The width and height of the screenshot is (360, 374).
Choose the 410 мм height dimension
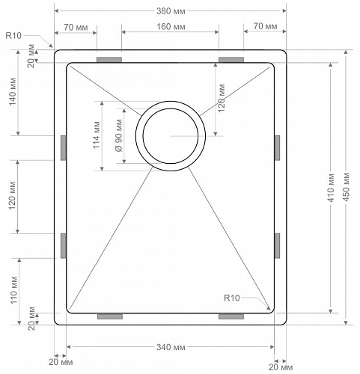coord(330,187)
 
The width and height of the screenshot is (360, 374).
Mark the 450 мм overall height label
coord(347,187)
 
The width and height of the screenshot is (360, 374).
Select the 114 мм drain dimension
coord(95,135)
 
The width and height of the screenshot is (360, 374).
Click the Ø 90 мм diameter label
coord(120,135)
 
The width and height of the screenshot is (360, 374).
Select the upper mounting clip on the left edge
coord(62,147)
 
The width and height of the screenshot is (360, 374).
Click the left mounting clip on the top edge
coord(109,59)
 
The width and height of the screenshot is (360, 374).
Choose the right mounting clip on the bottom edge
coord(231,317)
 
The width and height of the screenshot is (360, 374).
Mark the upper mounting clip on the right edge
coord(277,147)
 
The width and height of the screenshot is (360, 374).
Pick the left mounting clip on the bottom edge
coord(109,317)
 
